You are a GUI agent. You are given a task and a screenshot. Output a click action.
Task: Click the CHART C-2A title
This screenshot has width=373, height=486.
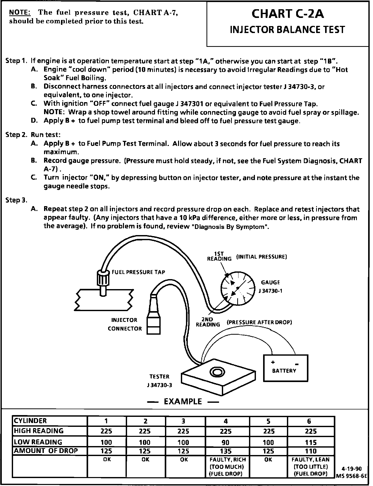(287, 14)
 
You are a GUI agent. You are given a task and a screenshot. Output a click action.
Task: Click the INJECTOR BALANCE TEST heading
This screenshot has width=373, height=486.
(287, 30)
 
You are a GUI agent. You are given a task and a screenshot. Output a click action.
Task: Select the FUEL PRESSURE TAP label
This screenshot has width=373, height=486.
(138, 272)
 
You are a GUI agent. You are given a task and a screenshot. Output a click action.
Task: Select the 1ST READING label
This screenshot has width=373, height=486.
(219, 256)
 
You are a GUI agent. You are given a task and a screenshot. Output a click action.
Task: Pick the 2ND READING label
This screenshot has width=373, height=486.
(208, 322)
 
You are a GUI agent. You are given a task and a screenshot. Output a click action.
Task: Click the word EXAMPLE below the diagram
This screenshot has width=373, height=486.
(183, 401)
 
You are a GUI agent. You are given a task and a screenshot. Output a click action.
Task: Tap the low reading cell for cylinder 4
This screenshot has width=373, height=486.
(226, 442)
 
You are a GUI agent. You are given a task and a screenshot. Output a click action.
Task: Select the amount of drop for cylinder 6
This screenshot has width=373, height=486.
(311, 451)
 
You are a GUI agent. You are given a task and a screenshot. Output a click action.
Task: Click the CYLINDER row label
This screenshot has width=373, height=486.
(30, 421)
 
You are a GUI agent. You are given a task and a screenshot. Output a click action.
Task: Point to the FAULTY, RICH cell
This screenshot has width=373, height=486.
(227, 467)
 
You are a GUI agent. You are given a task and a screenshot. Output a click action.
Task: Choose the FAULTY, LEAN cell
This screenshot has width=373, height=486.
(310, 467)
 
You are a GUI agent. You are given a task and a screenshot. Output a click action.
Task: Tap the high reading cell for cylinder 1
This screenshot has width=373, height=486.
(106, 431)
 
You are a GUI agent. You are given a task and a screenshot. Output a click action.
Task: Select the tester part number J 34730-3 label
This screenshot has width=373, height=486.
(159, 385)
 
